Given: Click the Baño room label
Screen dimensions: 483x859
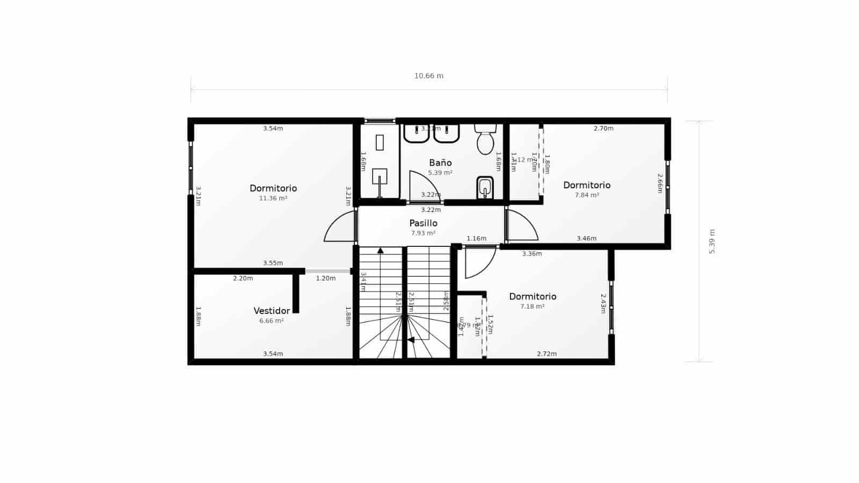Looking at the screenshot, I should point(440,163).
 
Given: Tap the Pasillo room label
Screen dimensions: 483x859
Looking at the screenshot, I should point(423,223).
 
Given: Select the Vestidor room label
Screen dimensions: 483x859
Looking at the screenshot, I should point(272,311).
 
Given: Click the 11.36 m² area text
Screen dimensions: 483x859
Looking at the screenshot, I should point(273,198).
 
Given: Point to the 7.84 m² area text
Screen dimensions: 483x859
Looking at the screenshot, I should point(587,195).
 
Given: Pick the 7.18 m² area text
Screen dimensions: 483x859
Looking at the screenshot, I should point(532,306).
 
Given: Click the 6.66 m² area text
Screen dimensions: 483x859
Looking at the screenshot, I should point(271,321).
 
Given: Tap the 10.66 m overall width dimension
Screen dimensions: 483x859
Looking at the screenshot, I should point(428,76).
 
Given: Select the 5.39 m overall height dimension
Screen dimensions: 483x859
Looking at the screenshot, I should point(712,241).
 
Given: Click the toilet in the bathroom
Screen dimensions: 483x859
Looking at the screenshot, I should point(485,141).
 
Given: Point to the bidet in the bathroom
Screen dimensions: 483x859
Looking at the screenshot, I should point(485,188).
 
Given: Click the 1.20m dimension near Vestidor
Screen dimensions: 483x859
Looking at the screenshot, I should point(325,278).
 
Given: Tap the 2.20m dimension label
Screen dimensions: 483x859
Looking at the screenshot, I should point(243,278).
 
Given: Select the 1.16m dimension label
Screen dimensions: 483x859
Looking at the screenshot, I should point(476,238).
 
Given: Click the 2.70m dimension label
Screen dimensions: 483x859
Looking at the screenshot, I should point(603,128).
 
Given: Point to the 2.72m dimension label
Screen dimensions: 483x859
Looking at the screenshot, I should point(547,354).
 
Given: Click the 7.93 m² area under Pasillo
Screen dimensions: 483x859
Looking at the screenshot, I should point(423,233).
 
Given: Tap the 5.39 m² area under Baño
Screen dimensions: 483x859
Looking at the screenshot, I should point(440,173).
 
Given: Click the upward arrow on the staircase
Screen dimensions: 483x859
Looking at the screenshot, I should point(380,250).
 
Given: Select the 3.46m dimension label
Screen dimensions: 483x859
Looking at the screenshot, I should point(586,238).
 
